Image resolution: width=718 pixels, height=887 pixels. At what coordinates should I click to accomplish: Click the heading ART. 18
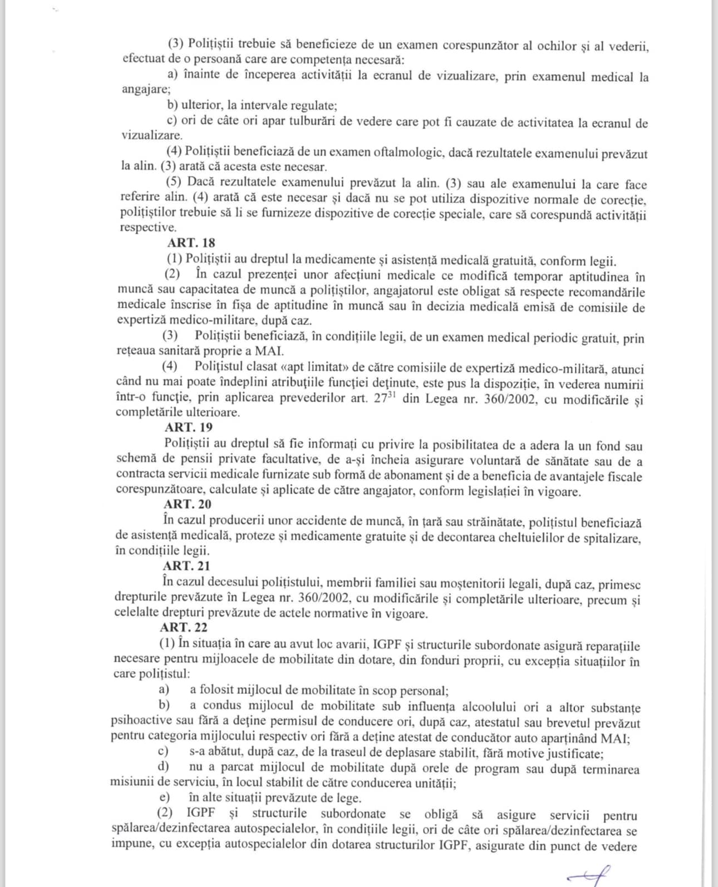(191, 243)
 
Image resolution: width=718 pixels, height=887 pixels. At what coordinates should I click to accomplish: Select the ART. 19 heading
(188, 427)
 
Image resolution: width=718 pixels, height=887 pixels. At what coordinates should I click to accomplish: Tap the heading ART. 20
(187, 504)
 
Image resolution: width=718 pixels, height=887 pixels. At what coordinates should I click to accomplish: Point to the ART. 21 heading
(186, 566)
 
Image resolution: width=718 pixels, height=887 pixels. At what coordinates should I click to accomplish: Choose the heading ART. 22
(184, 627)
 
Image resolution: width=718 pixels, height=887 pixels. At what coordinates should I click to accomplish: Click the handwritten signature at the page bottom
(588, 873)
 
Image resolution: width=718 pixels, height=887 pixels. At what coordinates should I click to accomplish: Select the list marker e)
(164, 797)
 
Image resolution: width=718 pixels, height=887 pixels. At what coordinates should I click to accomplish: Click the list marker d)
(163, 767)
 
